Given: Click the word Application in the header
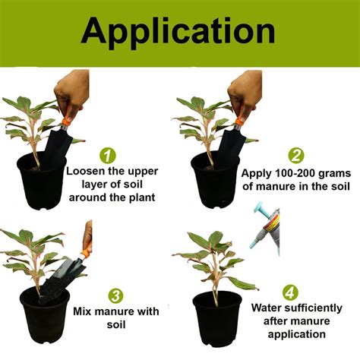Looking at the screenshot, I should coord(180,32).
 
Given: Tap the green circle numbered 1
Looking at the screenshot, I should coord(109,156).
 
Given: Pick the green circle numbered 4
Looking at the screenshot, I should coord(291,292).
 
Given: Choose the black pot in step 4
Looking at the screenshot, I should coord(217,317).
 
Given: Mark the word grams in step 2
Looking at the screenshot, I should coord(335,172).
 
